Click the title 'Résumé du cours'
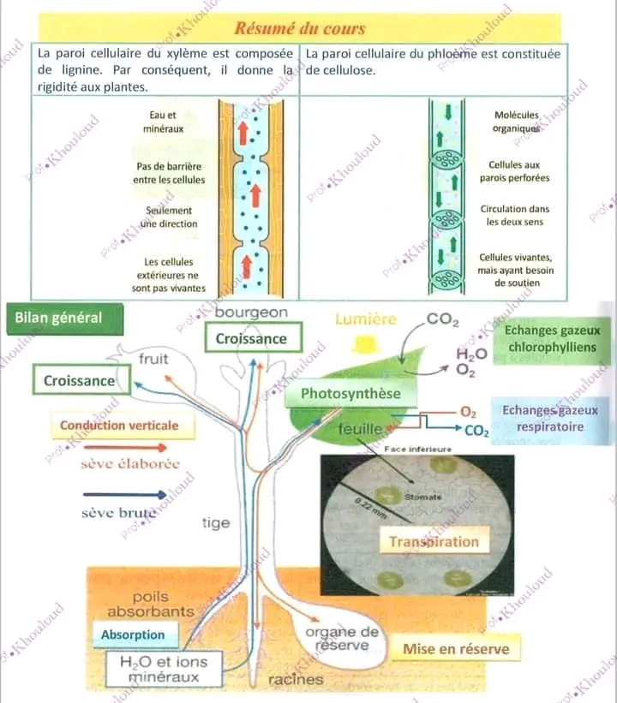pyautogui.click(x=300, y=28)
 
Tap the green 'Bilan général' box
pyautogui.click(x=58, y=318)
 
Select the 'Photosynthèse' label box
pyautogui.click(x=350, y=394)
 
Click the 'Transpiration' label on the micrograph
pyautogui.click(x=434, y=541)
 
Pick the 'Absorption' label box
pyautogui.click(x=133, y=634)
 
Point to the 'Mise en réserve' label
pyautogui.click(x=456, y=649)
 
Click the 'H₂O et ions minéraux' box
pyautogui.click(x=156, y=669)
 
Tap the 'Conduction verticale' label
pyautogui.click(x=119, y=425)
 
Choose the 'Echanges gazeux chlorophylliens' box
pyautogui.click(x=553, y=339)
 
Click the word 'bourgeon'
pyautogui.click(x=251, y=313)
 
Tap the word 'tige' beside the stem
pyautogui.click(x=216, y=522)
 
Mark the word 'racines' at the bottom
pyautogui.click(x=296, y=679)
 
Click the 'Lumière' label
pyautogui.click(x=366, y=319)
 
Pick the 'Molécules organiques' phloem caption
pyautogui.click(x=516, y=121)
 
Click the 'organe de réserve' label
pyautogui.click(x=342, y=638)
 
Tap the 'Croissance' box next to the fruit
pyautogui.click(x=79, y=380)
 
